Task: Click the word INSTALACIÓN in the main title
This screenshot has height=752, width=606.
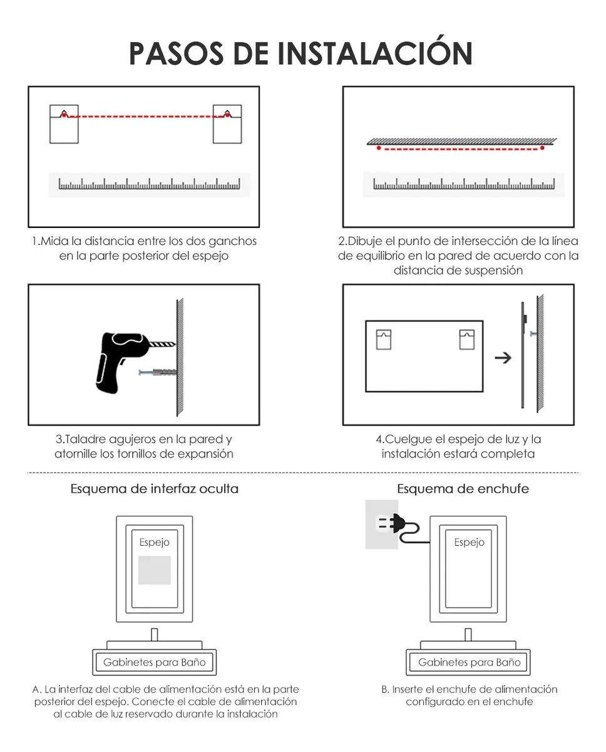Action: tap(374, 54)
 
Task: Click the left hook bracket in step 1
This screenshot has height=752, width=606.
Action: tap(64, 124)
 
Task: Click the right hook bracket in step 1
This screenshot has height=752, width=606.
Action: tap(227, 124)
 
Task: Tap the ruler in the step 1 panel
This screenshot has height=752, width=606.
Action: tap(149, 184)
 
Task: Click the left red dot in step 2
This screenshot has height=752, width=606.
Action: tap(379, 149)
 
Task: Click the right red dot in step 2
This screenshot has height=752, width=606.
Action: tap(542, 149)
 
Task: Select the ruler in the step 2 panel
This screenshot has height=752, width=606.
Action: tap(463, 184)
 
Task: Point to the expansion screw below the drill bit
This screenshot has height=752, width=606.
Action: tap(158, 373)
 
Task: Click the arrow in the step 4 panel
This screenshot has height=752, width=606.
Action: tap(502, 358)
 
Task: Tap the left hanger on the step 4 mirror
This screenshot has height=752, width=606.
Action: tap(383, 339)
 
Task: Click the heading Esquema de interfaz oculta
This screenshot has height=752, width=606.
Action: tap(155, 489)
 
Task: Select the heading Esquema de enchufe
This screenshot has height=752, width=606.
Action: tap(463, 489)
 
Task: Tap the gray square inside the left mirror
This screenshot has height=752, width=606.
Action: tap(154, 570)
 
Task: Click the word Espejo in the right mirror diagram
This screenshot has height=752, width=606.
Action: tap(470, 543)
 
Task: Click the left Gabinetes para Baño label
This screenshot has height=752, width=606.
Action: tap(154, 662)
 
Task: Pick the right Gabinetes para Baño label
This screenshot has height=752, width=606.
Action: tap(470, 662)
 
